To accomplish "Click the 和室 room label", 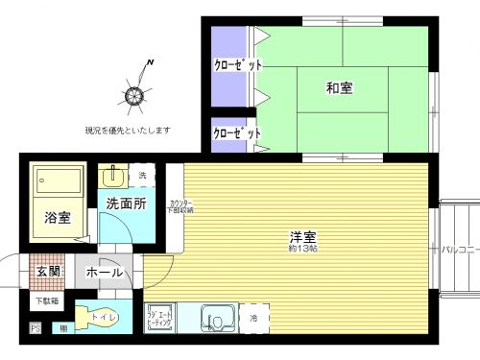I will [339, 88].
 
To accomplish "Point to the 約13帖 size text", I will [303, 249].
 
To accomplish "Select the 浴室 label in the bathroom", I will [57, 218].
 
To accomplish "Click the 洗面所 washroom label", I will [126, 204].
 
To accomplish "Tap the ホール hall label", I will [105, 273].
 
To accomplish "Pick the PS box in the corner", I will [36, 329].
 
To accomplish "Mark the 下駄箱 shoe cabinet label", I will [47, 301].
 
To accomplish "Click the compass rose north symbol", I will [133, 93].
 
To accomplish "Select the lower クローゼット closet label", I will [236, 134].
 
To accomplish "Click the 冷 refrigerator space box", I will [254, 317].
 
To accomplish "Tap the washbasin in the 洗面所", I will [112, 176].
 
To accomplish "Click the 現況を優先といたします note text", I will [127, 129].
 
